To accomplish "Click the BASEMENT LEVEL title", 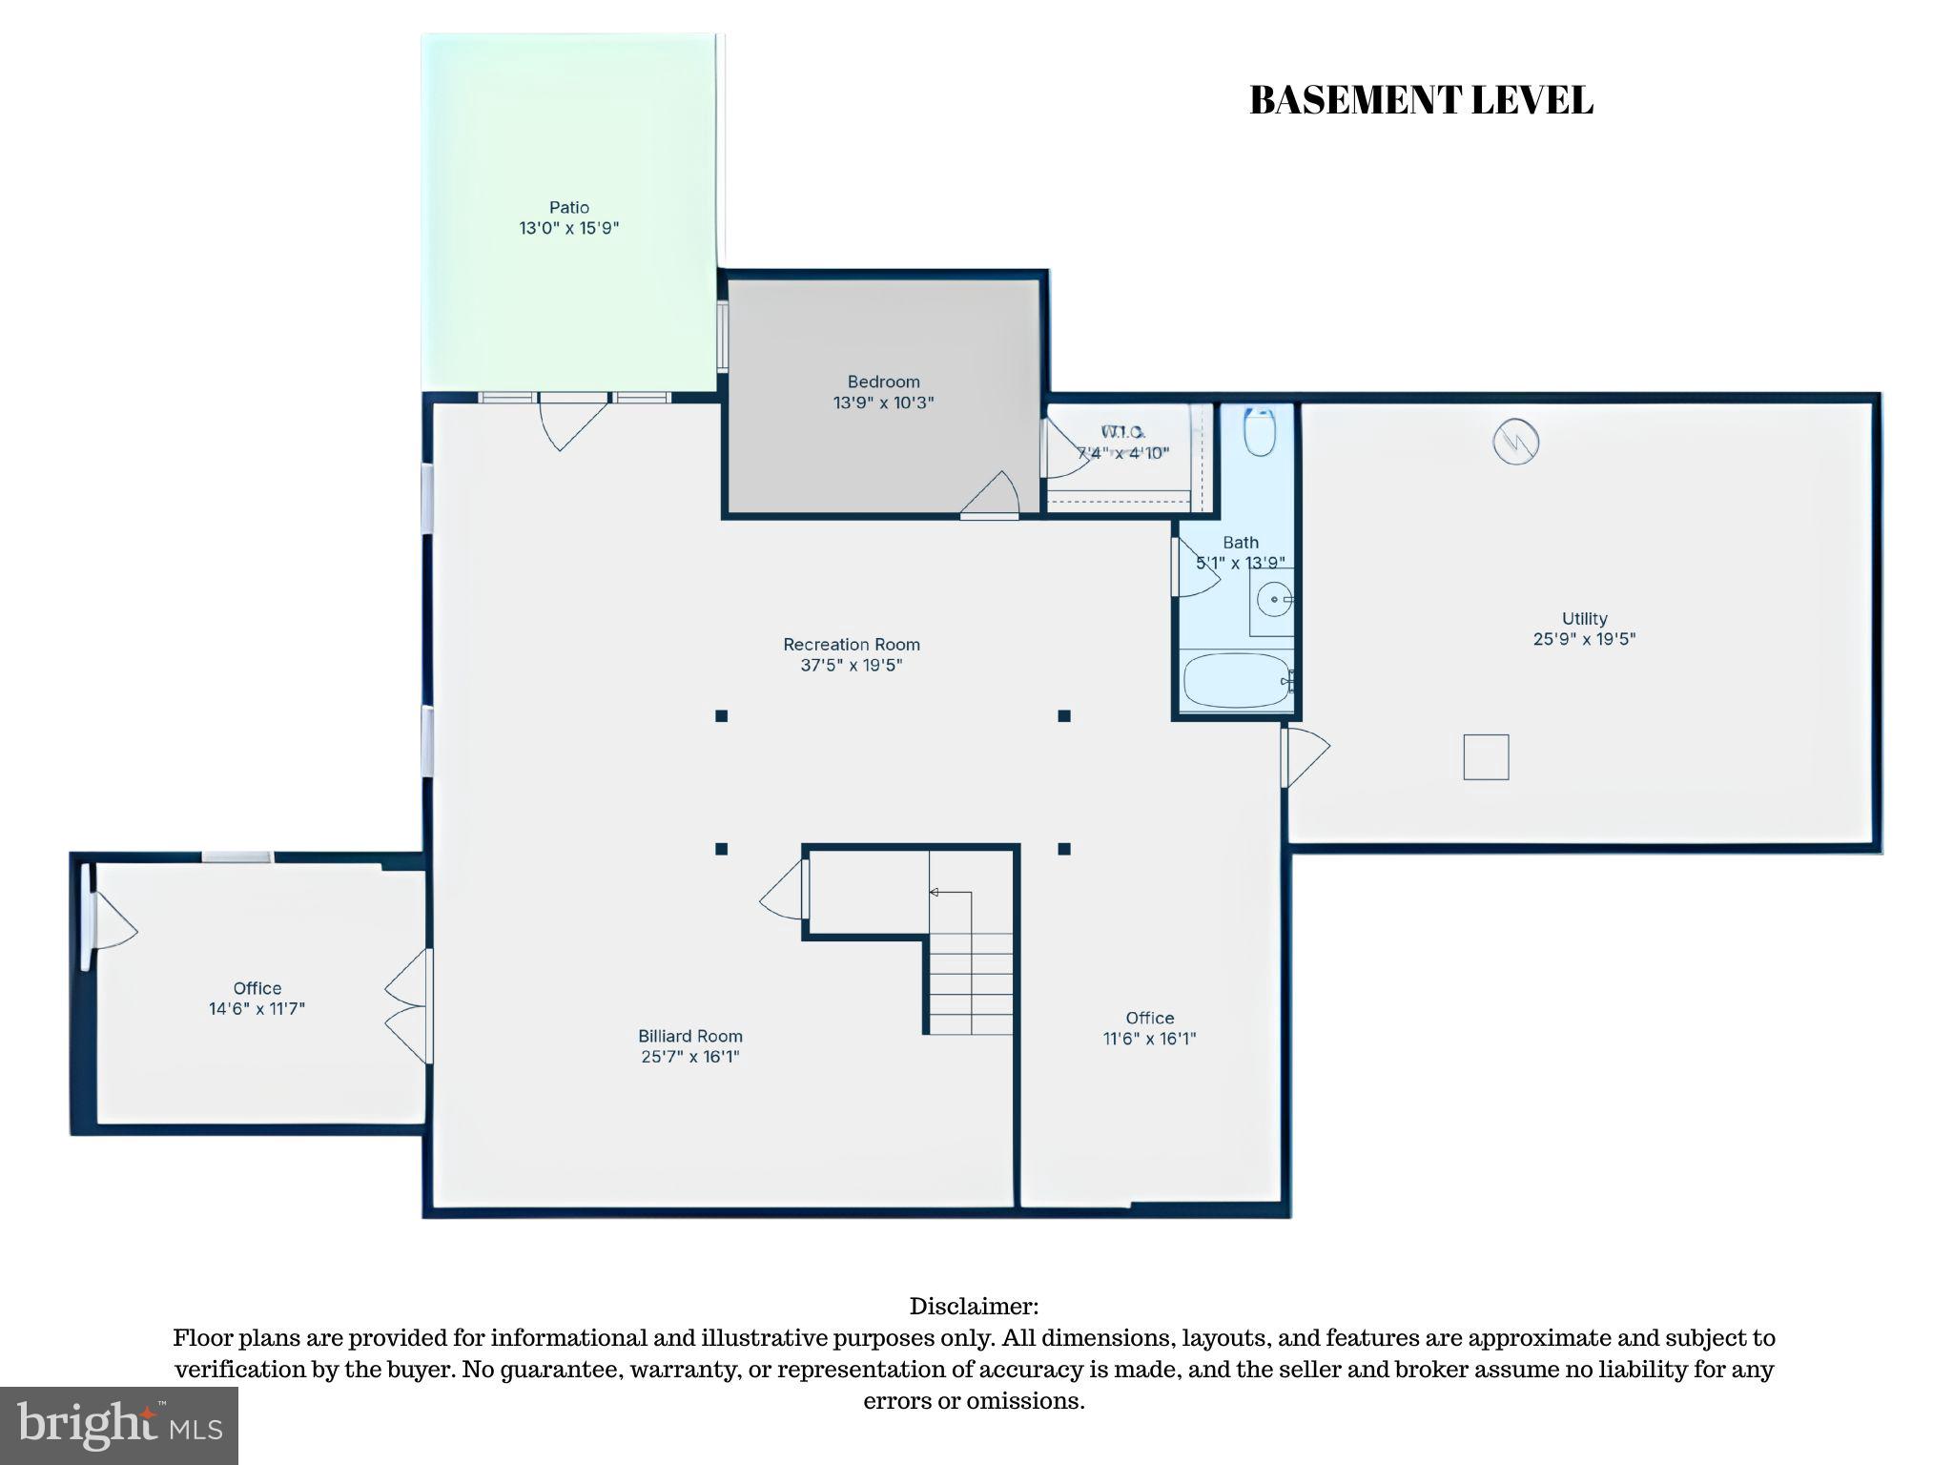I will point(1420,101).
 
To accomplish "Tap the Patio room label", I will point(568,207).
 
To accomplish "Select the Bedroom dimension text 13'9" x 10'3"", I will point(883,402).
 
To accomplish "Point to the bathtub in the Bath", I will point(1237,680).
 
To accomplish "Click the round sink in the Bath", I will point(1274,600).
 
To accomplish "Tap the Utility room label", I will point(1584,618).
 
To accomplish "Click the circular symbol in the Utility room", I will point(1515,442).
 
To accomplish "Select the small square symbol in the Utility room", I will point(1486,757).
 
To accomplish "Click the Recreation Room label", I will point(852,645).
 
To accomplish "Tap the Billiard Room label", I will point(690,1036).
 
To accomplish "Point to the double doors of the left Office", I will point(408,1006).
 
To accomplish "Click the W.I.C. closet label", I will point(1122,433).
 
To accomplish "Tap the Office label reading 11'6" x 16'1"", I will point(1149,1028).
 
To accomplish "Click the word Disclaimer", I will point(974,1306).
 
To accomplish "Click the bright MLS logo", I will point(119,1425).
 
